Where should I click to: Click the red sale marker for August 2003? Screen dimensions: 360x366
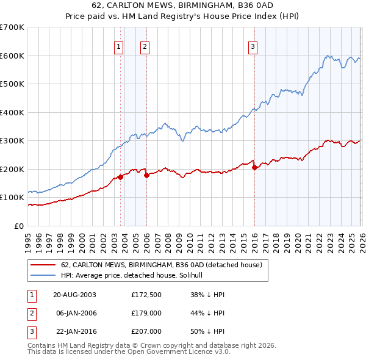point(120,177)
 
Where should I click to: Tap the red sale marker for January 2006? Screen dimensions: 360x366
point(146,175)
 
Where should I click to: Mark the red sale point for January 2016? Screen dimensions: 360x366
point(254,167)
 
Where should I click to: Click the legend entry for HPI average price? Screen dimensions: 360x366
point(136,276)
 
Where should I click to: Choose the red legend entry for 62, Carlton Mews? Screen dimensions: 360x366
point(162,265)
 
